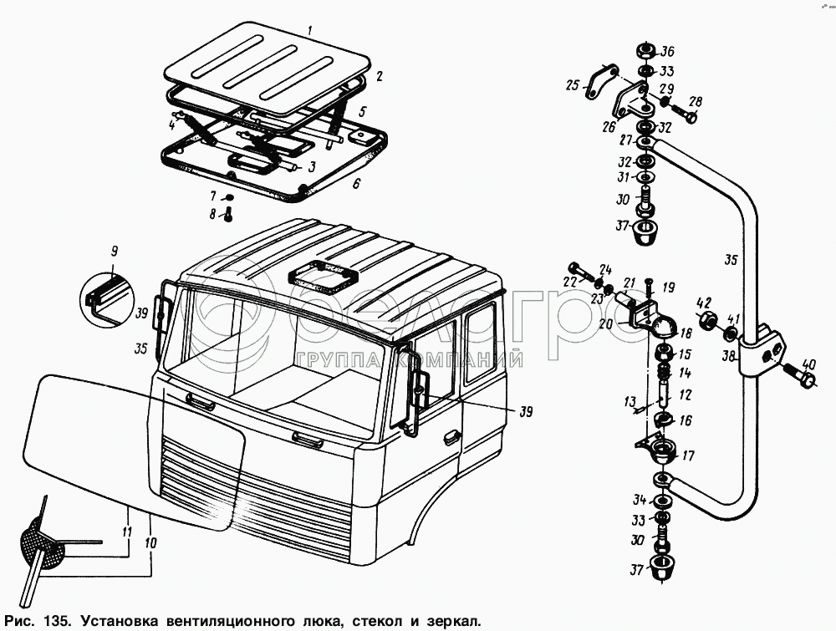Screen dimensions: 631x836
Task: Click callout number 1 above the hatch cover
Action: [310, 31]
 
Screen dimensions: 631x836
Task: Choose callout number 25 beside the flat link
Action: [571, 85]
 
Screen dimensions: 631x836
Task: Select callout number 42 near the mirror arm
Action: [706, 303]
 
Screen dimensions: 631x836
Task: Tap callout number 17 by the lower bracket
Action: [689, 456]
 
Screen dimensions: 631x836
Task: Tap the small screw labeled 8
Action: [227, 215]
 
